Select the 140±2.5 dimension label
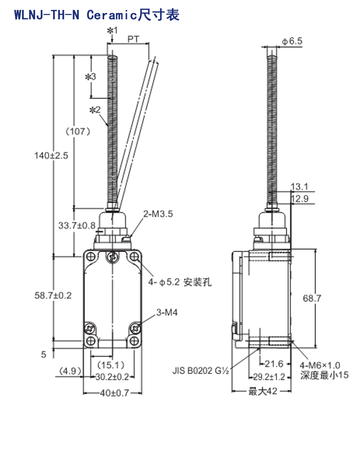coord(51,156)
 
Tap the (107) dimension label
coord(78,131)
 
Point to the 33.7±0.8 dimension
coord(76,225)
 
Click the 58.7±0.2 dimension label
coord(53,295)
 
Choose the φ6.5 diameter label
coord(292,41)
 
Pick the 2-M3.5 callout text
coord(158,214)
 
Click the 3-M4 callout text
coord(167,312)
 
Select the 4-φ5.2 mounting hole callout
coord(180,282)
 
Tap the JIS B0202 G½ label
coord(200,370)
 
